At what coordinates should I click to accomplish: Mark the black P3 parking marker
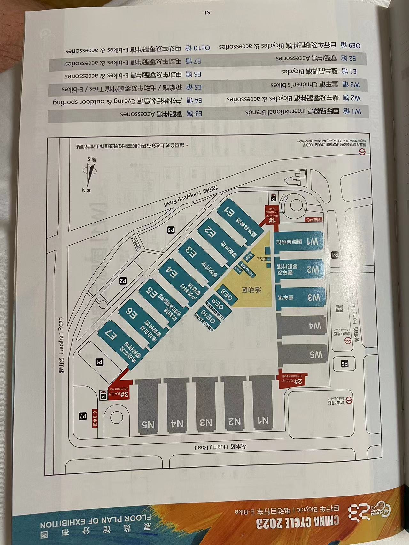coord(171,229)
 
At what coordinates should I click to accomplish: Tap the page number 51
coord(206,13)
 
